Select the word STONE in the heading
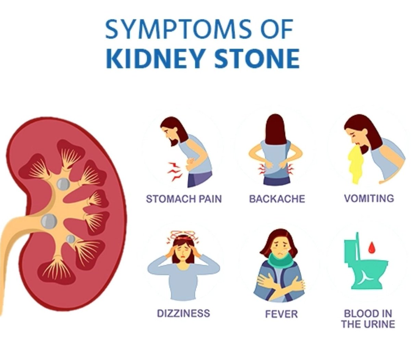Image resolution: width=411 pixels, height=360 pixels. coord(257,59)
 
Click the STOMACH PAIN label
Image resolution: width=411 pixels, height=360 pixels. coord(184,199)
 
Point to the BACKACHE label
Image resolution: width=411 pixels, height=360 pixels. coord(277,199)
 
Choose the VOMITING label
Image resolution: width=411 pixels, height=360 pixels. coord(369,198)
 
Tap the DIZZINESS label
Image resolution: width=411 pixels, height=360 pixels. coord(183,313)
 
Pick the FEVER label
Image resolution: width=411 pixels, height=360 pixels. coord(281,314)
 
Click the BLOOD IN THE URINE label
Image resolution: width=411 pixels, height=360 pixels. coord(368,319)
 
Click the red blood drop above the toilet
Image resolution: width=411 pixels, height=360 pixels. coord(371,247)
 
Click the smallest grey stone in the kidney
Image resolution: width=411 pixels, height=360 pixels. coord(71,239)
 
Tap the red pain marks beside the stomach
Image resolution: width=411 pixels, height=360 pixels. coord(174,170)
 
